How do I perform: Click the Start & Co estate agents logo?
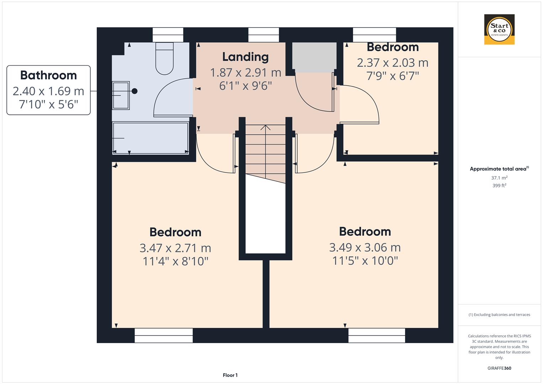(x=499, y=30)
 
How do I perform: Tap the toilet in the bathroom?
(x=164, y=59)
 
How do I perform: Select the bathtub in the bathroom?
(x=150, y=138)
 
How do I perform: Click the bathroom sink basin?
(x=121, y=95)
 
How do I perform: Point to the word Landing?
(x=245, y=57)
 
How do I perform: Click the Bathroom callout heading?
(x=48, y=75)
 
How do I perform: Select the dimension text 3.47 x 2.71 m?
(x=175, y=248)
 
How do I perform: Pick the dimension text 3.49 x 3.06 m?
(x=365, y=247)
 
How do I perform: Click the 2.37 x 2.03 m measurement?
(x=393, y=63)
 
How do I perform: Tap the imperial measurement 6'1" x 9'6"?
(x=245, y=86)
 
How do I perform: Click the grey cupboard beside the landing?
(x=314, y=56)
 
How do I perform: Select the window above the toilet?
(x=168, y=35)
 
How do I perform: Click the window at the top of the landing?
(x=263, y=35)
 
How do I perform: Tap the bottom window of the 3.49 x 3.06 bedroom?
(x=377, y=335)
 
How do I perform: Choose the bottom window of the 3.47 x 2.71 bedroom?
(x=164, y=335)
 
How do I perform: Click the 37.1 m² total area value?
(x=499, y=178)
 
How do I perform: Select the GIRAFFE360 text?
(x=499, y=368)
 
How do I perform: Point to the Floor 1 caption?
(x=230, y=375)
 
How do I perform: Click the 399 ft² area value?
(x=499, y=186)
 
